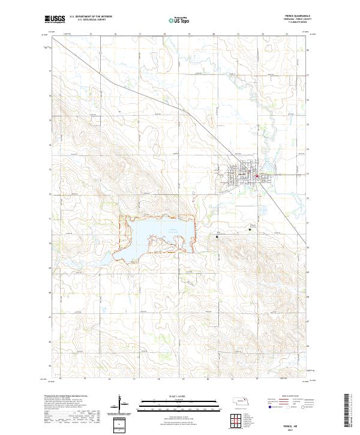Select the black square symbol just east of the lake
[x=217, y=237]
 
